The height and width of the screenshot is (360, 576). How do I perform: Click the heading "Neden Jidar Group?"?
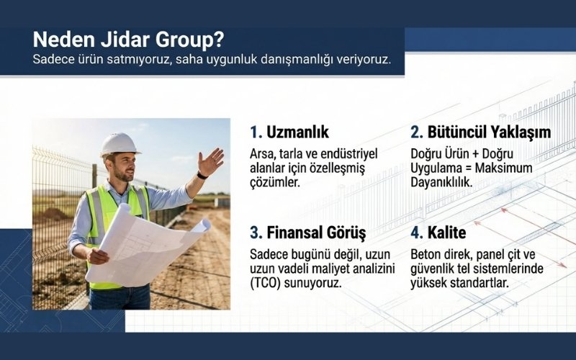pyautogui.click(x=128, y=38)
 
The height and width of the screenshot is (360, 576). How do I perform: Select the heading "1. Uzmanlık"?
pyautogui.click(x=289, y=132)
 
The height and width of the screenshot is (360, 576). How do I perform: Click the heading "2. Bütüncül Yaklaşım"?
pyautogui.click(x=480, y=132)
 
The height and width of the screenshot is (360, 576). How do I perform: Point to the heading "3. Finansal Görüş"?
pyautogui.click(x=308, y=233)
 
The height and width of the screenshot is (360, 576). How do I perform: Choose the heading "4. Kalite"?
pyautogui.click(x=438, y=233)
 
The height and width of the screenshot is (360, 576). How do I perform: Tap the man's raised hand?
pyautogui.click(x=211, y=162)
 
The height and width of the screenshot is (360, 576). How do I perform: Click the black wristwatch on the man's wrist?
pyautogui.click(x=202, y=175)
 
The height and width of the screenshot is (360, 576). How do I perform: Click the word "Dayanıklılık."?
pyautogui.click(x=441, y=182)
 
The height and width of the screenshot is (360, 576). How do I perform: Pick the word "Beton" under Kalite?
pyautogui.click(x=426, y=254)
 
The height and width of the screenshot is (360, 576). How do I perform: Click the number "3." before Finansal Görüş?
pyautogui.click(x=256, y=233)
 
